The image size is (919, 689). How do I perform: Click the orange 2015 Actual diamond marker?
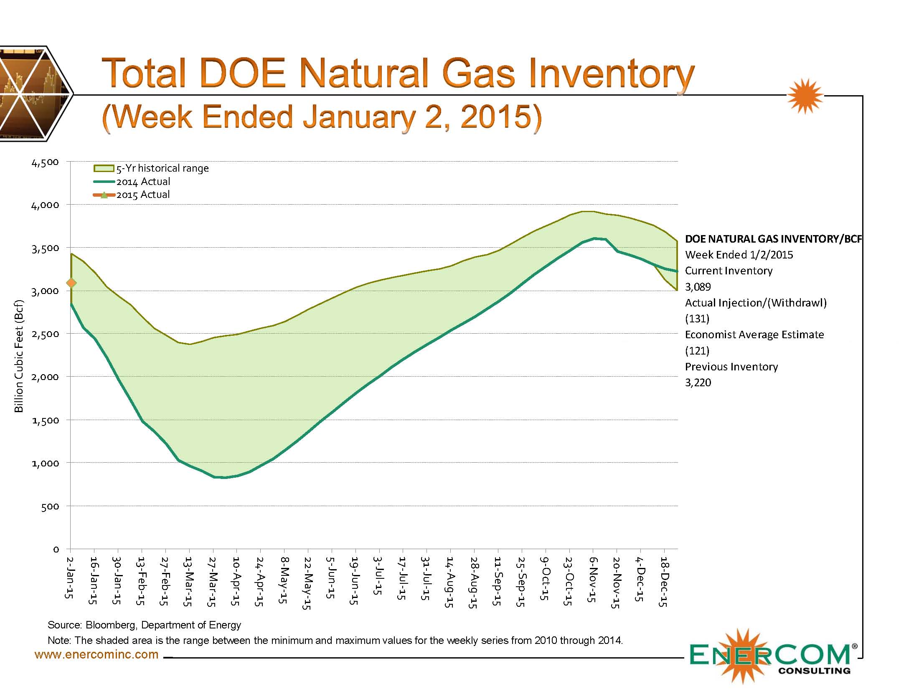pos(71,283)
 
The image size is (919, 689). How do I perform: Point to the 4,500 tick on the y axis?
pos(45,162)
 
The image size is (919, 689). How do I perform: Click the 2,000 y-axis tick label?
pos(45,377)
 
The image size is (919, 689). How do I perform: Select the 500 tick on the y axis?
pos(50,507)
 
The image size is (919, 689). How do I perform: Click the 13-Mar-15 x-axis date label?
pos(188,581)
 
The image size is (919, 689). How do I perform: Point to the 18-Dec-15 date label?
pos(664,581)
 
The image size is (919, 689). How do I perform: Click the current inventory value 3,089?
pos(698,287)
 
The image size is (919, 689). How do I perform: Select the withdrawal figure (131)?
pos(697,319)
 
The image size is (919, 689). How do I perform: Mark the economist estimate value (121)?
pos(697,351)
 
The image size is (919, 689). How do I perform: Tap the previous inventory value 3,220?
pos(698,382)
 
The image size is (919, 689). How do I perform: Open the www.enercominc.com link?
pos(96,654)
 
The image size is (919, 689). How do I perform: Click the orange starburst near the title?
pos(805,96)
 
